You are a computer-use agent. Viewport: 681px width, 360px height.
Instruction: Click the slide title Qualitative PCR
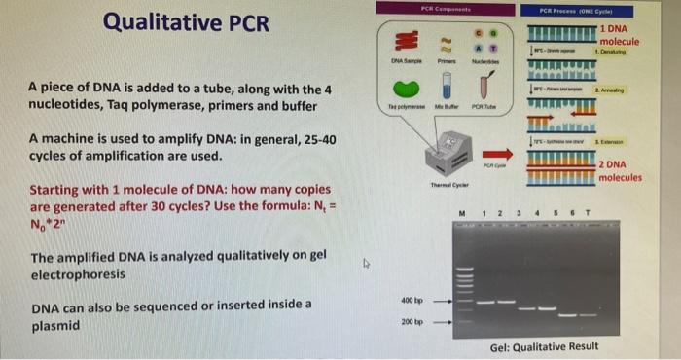(x=186, y=22)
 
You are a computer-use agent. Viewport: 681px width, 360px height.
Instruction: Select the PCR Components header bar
(x=447, y=7)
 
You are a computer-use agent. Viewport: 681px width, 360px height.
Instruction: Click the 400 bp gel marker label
(x=412, y=299)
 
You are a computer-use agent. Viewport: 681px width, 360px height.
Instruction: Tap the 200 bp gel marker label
(x=412, y=320)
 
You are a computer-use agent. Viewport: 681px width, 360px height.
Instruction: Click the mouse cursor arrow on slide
(x=367, y=263)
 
